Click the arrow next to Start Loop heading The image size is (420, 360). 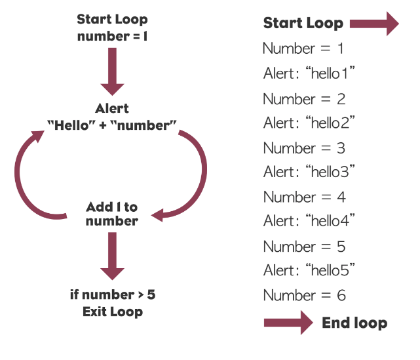[x=374, y=24]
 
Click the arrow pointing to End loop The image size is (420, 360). [x=288, y=323]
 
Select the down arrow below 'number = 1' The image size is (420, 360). [x=112, y=71]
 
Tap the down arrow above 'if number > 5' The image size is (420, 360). [x=112, y=256]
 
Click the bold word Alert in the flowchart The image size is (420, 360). [x=112, y=108]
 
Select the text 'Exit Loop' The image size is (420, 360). [x=113, y=311]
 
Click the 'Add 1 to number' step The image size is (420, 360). [x=112, y=214]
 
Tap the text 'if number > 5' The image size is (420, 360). [x=113, y=294]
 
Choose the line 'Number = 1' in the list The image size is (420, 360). [x=303, y=49]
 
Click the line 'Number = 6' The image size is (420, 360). [x=304, y=295]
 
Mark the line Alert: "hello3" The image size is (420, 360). [x=309, y=172]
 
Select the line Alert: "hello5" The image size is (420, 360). [x=309, y=270]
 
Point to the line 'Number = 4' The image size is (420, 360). [x=304, y=197]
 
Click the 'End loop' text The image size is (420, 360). [x=354, y=323]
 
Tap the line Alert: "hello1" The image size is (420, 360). [x=309, y=73]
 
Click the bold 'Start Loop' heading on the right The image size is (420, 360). [x=303, y=23]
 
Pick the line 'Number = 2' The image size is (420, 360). [x=304, y=99]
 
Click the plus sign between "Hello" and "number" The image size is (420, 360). [x=103, y=125]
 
